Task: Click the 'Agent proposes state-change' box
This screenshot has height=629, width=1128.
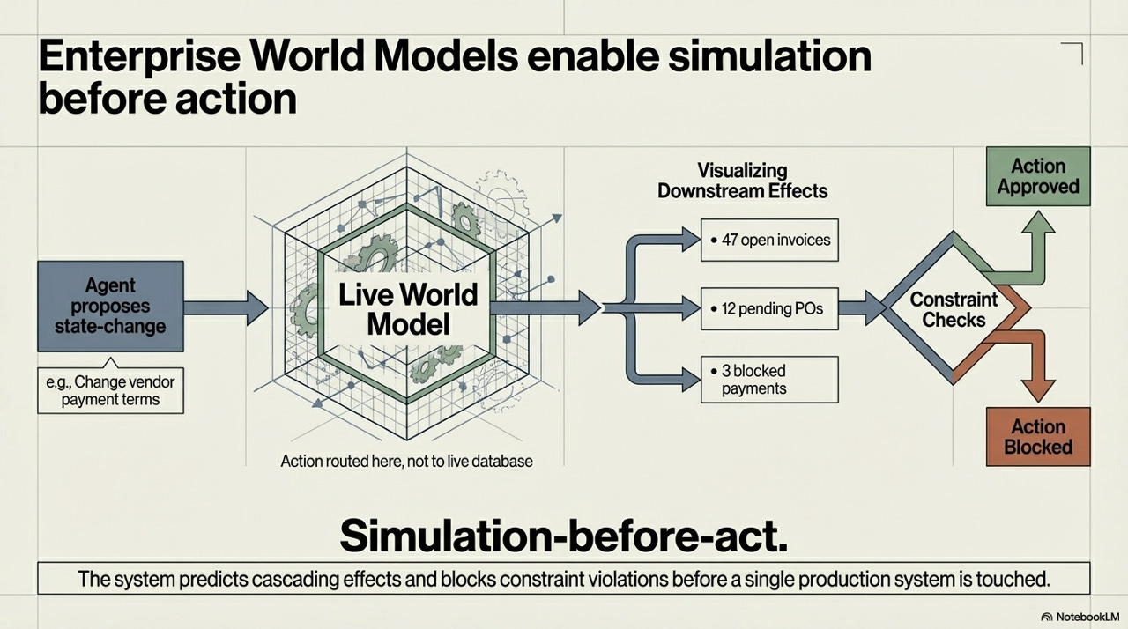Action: tap(110, 306)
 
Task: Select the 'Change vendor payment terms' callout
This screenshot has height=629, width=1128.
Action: tap(110, 390)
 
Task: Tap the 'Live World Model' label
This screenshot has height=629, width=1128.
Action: tap(407, 308)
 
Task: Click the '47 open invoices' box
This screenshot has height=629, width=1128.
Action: tap(769, 239)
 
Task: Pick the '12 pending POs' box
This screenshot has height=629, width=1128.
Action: tap(769, 308)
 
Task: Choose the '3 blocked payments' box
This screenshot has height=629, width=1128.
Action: tap(769, 379)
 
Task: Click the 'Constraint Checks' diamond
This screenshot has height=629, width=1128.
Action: tap(954, 308)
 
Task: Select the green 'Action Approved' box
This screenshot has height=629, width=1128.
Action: tap(1038, 176)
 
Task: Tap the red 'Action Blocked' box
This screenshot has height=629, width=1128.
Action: tap(1038, 437)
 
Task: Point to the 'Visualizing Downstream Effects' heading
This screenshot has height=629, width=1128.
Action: tap(742, 180)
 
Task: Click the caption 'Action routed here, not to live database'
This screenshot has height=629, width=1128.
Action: tap(406, 461)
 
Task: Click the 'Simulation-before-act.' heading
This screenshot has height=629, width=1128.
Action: tap(564, 534)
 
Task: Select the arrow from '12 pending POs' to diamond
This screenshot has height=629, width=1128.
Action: tap(863, 308)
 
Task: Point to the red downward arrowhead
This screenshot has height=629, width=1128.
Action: tap(1037, 391)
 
